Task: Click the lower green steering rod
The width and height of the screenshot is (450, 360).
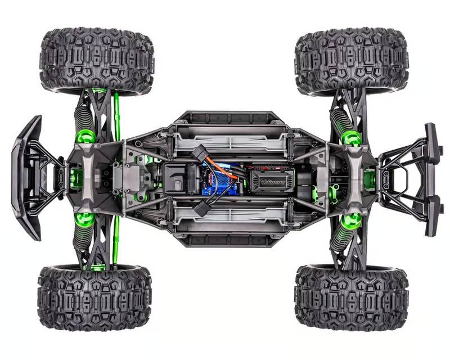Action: [117, 242]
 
